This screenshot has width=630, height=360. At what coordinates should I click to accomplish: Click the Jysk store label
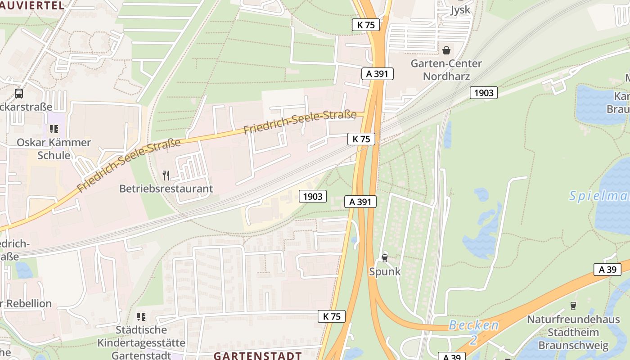[x=460, y=10]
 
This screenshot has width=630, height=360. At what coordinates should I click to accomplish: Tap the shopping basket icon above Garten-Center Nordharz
[x=446, y=50]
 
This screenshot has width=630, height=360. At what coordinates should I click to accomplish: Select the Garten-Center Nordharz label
[x=446, y=70]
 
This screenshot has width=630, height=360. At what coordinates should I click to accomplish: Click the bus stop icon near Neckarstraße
[x=19, y=94]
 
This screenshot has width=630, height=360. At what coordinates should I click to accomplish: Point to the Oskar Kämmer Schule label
[x=54, y=149]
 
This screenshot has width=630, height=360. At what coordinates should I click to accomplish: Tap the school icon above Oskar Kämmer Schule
[x=54, y=130]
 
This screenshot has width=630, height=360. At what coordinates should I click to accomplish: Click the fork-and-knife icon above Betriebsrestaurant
[x=166, y=175]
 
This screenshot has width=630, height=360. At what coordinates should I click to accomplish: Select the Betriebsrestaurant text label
[x=166, y=189]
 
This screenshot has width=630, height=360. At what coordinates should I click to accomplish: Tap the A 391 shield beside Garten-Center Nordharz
[x=377, y=74]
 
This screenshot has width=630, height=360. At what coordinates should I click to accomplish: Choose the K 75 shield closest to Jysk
[x=365, y=25]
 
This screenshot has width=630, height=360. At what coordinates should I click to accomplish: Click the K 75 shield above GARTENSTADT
[x=332, y=316]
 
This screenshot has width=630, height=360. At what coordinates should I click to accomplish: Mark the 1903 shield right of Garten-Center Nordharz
[x=484, y=93]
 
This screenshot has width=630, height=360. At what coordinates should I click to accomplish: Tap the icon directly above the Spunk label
[x=384, y=258]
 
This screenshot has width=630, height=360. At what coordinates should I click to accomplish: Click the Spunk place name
[x=385, y=272]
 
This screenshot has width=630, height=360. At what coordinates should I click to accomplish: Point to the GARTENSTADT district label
[x=257, y=355]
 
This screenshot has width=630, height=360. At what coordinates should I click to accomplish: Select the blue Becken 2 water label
[x=474, y=332]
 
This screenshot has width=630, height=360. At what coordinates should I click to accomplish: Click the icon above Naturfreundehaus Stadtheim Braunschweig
[x=573, y=306]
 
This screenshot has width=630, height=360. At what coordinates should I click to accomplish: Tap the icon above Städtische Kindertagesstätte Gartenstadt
[x=141, y=317]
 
